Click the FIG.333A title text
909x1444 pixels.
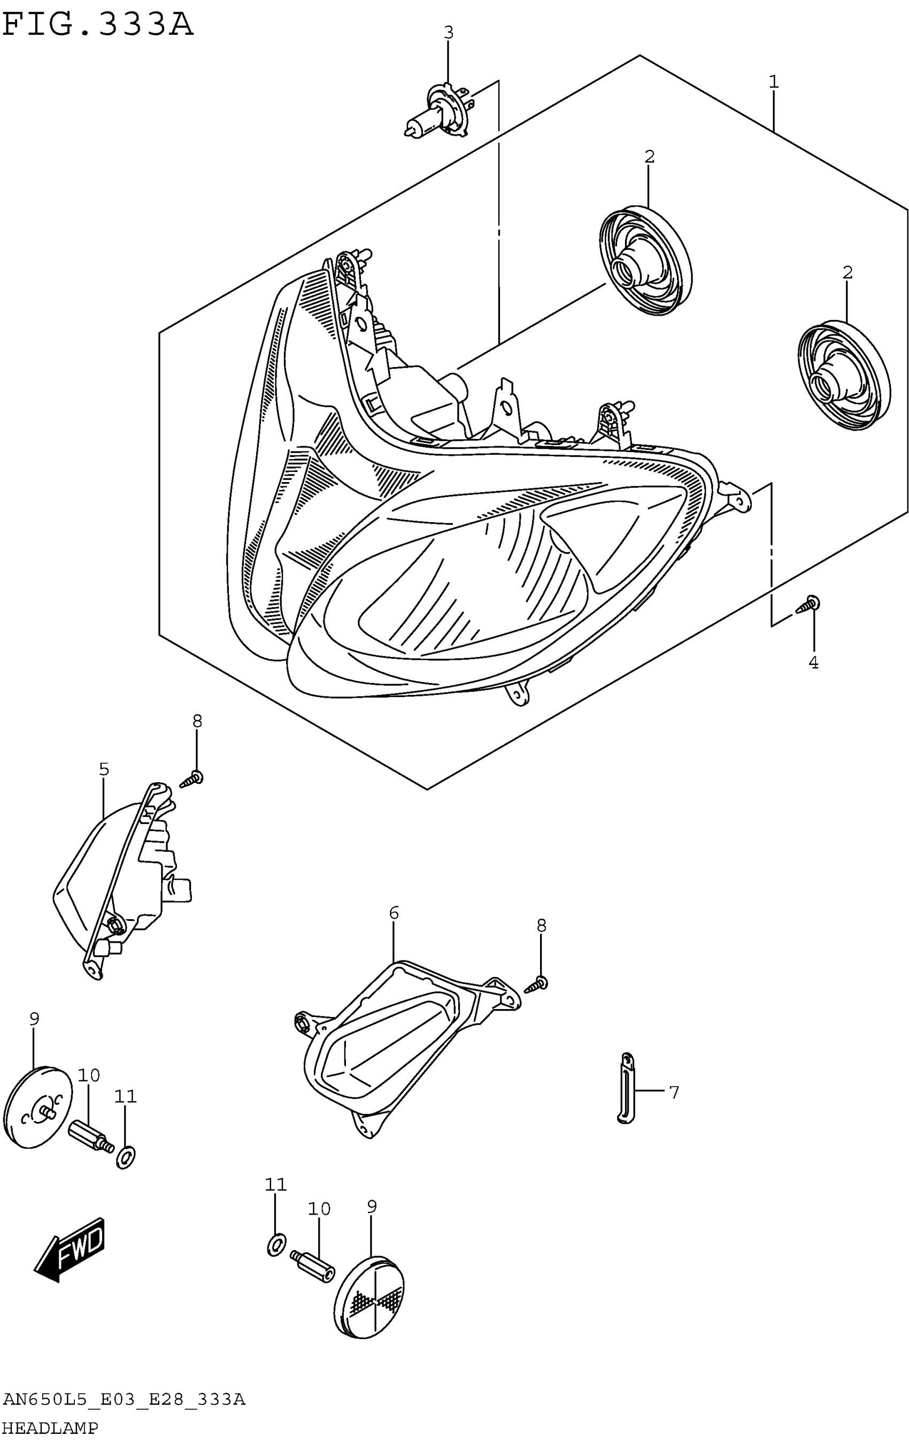coord(98,25)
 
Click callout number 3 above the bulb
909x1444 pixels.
coord(448,33)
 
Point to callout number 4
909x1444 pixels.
coord(813,663)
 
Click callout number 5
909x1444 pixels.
coord(104,769)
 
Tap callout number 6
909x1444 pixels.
coord(393,913)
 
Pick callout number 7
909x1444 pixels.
coord(674,1092)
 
